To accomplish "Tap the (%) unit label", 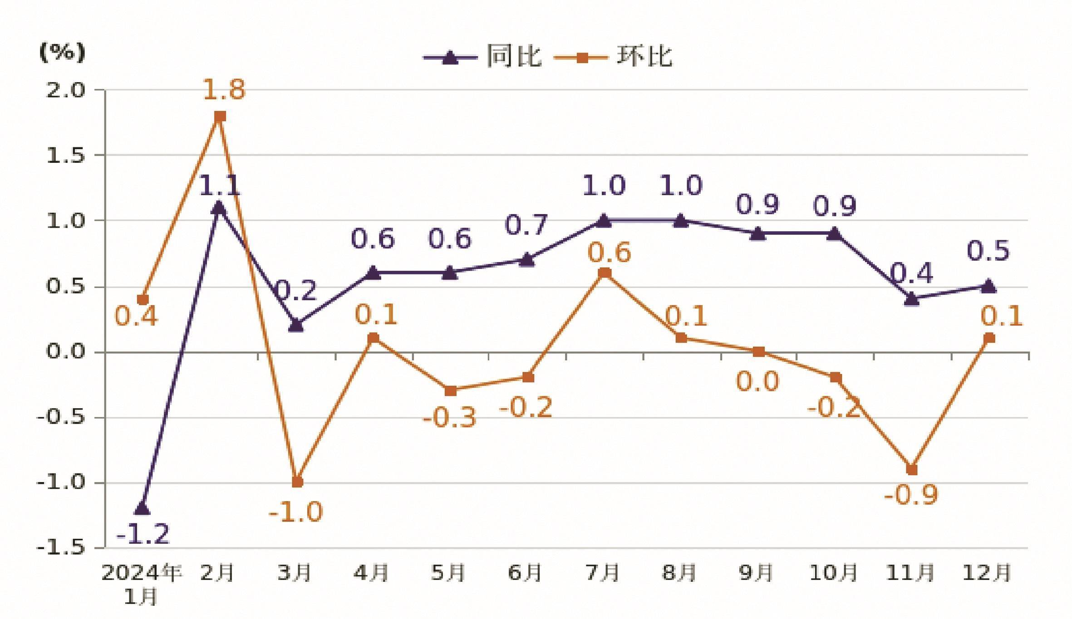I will click(x=62, y=52).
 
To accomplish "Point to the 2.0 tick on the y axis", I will click(x=65, y=90).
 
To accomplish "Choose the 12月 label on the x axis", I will click(x=986, y=573).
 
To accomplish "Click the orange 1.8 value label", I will click(x=223, y=89).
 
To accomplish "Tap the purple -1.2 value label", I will click(x=143, y=534).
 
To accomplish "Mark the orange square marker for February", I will click(x=220, y=116).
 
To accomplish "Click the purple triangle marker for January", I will click(x=142, y=508).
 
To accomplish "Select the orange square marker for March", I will click(x=297, y=482).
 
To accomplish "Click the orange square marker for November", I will click(x=911, y=469).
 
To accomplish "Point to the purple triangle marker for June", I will click(x=526, y=260).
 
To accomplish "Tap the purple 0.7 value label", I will click(x=526, y=225).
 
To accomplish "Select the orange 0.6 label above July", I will click(x=609, y=253).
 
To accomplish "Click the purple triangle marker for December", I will click(x=988, y=286).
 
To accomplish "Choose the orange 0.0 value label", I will click(x=757, y=381).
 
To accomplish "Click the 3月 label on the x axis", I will click(x=294, y=573).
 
